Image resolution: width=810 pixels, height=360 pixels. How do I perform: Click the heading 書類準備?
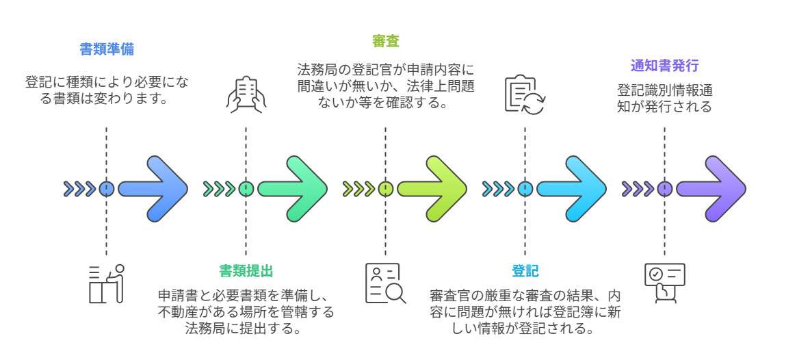point(106,49)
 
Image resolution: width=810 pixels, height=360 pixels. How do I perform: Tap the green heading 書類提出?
point(246,271)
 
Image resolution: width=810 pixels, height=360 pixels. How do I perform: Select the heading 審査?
point(385,41)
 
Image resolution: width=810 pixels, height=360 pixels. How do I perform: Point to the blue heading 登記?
point(525,271)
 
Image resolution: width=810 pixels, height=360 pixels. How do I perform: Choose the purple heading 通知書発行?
point(664,66)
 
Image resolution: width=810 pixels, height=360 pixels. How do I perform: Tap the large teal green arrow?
point(293,189)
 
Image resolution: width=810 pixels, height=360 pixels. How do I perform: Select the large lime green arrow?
point(432,189)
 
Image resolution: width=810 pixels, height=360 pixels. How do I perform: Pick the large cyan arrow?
point(572,189)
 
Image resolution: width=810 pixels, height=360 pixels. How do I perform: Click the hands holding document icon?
point(246,94)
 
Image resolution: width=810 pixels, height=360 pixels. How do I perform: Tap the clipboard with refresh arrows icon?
point(525,94)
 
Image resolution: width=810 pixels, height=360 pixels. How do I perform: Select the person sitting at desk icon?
point(107,283)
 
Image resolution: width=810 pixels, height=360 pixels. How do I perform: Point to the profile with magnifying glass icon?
point(385,283)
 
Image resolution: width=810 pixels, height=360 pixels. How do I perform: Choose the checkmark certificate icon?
point(664,283)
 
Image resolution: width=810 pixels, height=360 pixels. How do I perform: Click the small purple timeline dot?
point(664,189)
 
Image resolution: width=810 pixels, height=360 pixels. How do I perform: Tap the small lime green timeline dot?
point(385,189)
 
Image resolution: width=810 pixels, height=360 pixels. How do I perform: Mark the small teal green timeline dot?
point(246,189)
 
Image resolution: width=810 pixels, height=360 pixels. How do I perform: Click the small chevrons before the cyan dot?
point(499,189)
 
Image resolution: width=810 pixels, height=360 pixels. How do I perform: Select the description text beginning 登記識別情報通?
point(664,99)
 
